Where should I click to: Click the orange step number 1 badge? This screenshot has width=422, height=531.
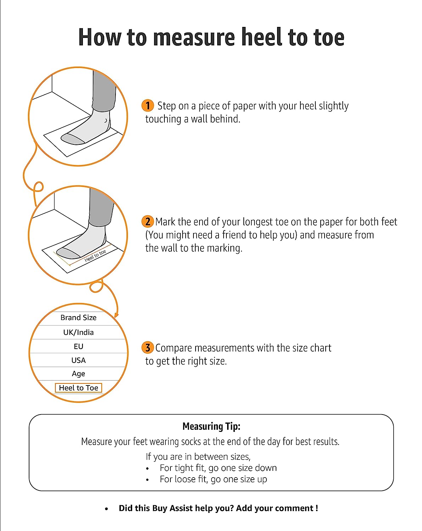pyautogui.click(x=147, y=105)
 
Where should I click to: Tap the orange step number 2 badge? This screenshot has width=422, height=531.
pyautogui.click(x=147, y=222)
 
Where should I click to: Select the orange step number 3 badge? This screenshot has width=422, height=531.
pyautogui.click(x=147, y=348)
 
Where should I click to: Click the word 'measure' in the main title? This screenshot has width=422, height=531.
pyautogui.click(x=194, y=38)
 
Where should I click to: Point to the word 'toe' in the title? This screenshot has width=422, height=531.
pyautogui.click(x=329, y=38)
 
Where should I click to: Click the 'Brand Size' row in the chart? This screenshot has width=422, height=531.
pyautogui.click(x=78, y=318)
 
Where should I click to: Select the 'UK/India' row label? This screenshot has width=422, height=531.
pyautogui.click(x=78, y=332)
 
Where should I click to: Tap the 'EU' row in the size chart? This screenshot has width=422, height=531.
pyautogui.click(x=78, y=347)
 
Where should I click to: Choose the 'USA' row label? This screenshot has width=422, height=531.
pyautogui.click(x=78, y=360)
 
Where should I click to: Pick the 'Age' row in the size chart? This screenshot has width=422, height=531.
pyautogui.click(x=78, y=374)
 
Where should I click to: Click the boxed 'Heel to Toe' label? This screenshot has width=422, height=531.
pyautogui.click(x=78, y=388)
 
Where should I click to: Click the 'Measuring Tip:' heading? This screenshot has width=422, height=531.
pyautogui.click(x=211, y=426)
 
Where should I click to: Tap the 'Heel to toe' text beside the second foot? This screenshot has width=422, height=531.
pyautogui.click(x=95, y=256)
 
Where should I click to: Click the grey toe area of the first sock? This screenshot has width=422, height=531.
pyautogui.click(x=72, y=139)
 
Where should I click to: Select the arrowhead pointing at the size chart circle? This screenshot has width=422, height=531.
pyautogui.click(x=116, y=315)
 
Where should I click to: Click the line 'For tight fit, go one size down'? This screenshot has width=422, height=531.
pyautogui.click(x=218, y=468)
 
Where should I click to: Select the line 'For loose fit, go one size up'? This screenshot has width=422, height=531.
pyautogui.click(x=213, y=479)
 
